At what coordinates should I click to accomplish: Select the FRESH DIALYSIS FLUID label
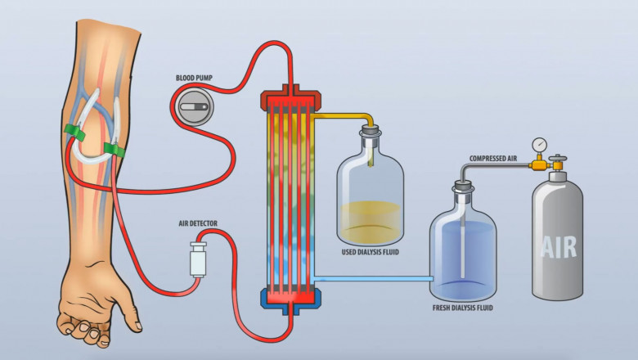(462, 308)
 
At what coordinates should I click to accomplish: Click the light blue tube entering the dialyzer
(372, 279)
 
